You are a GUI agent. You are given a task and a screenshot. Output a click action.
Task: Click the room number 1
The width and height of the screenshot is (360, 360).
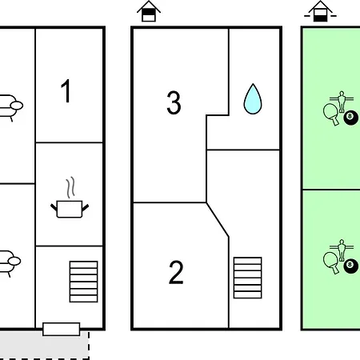coord(66,90)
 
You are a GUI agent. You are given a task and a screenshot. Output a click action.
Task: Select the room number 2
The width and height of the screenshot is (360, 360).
coord(176,272)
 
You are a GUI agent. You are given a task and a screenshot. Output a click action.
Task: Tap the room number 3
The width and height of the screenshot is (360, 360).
coord(174,102)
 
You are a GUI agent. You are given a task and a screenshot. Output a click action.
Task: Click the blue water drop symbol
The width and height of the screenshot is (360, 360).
coord(253,99)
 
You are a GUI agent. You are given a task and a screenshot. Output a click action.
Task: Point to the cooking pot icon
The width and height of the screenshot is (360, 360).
coord(70,210)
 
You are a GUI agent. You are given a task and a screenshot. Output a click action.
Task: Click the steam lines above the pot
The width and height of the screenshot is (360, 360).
coord(70,187)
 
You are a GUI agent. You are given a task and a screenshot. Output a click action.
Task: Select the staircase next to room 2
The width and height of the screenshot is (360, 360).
coord(247,278)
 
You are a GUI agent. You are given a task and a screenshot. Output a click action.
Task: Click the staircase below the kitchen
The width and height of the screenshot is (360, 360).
coord(83,282)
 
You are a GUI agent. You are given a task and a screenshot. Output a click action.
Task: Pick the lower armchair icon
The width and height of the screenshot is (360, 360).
coord(10,263)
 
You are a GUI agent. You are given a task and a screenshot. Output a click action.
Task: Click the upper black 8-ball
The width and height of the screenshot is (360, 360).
coord(350,118)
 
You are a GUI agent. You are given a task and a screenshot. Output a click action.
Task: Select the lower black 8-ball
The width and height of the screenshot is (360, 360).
coord(350,266)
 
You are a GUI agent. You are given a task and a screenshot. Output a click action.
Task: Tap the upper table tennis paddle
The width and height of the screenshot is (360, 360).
coord(331,114)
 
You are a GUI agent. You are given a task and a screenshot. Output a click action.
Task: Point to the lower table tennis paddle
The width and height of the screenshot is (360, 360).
coord(331,262)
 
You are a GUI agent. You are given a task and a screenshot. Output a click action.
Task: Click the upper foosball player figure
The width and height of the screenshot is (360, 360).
coord(342,102)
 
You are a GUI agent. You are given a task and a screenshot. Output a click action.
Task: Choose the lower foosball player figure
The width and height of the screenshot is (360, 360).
coord(342,250)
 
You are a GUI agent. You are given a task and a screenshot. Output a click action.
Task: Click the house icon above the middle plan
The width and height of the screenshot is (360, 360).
coord(149,11)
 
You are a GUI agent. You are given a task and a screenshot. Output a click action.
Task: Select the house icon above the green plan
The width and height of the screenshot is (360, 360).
coord(320,11)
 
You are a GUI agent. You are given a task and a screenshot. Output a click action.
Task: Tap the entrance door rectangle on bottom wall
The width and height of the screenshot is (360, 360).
coord(62,329)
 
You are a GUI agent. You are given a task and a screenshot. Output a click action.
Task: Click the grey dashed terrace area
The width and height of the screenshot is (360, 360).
coord(44,346)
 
